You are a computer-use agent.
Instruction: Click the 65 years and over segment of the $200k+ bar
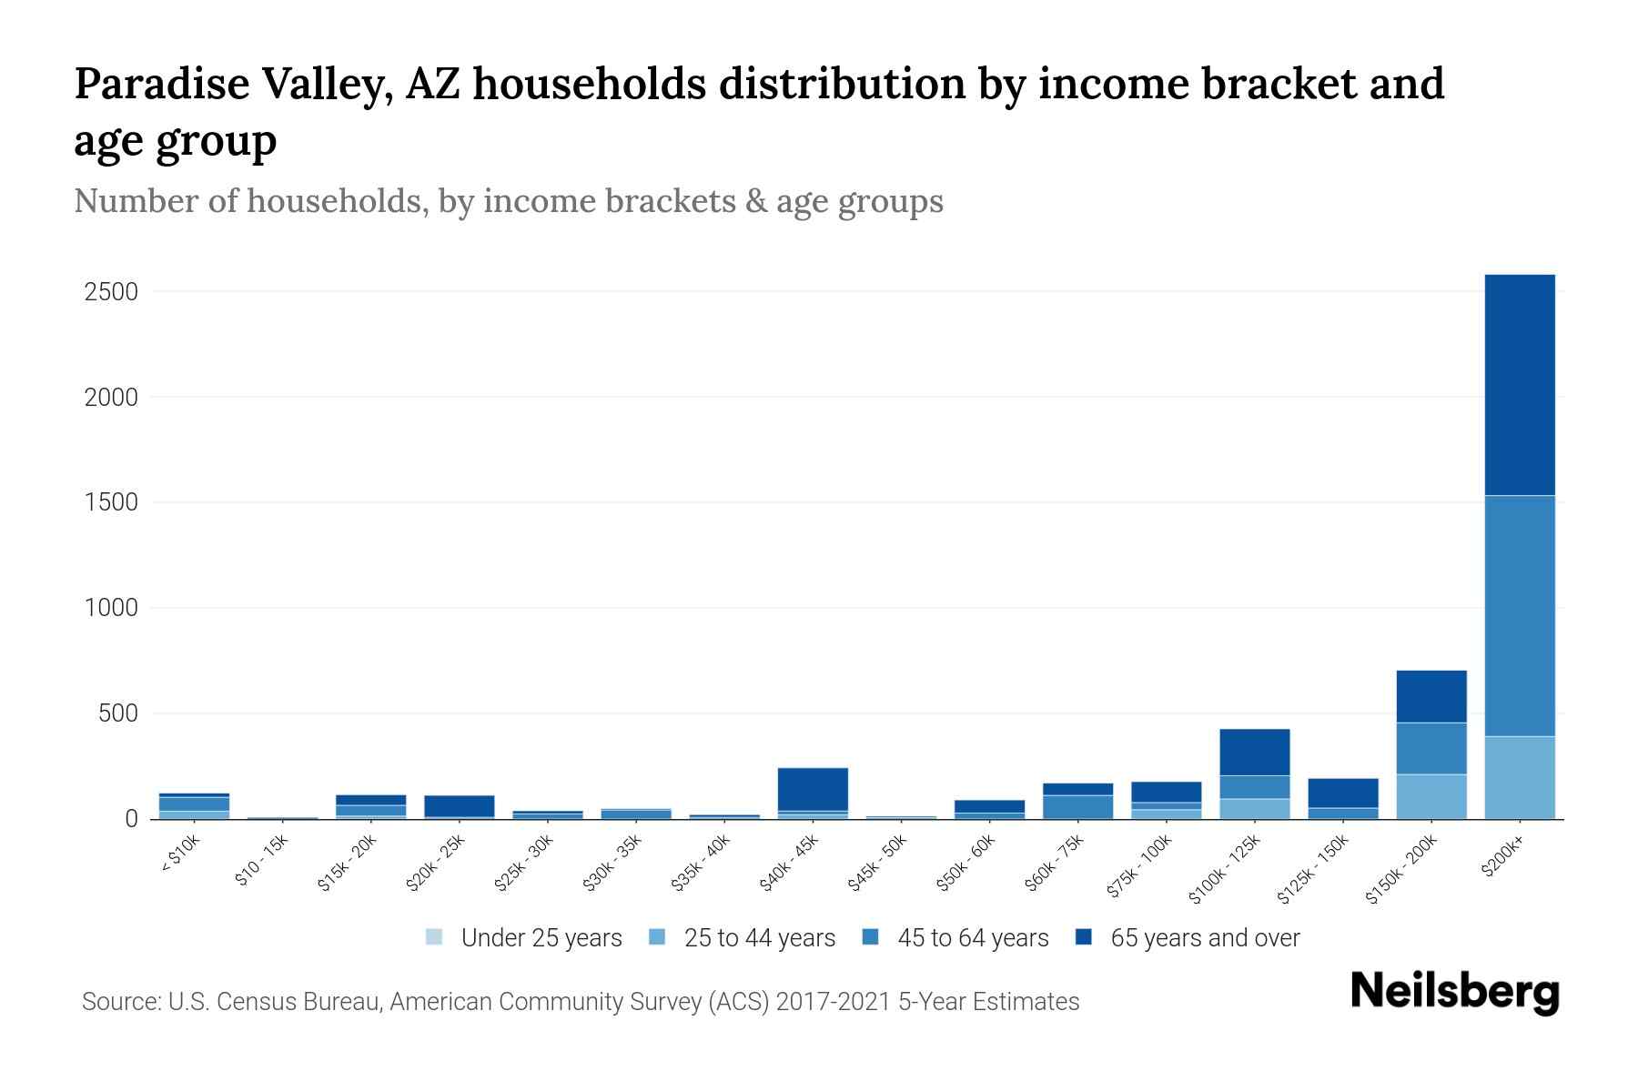1519,384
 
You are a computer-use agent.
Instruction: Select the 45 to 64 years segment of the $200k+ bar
1519,615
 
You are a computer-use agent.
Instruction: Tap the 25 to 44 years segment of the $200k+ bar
1519,777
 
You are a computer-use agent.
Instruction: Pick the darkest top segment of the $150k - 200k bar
1431,696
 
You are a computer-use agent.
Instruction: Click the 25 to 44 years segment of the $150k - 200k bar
1431,796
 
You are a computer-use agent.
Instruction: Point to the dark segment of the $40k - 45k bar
813,789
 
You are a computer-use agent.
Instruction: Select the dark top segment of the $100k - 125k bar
1254,752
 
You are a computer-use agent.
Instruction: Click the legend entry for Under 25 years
541,938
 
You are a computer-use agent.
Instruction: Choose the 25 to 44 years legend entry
759,938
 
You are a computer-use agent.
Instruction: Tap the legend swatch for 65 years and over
1084,937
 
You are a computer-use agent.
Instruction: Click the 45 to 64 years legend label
973,938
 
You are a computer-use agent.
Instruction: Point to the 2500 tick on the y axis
111,292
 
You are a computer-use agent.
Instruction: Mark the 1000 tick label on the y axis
111,608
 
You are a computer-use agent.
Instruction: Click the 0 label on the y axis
132,819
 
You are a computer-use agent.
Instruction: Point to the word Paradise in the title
161,84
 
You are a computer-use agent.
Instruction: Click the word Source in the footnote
120,1002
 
